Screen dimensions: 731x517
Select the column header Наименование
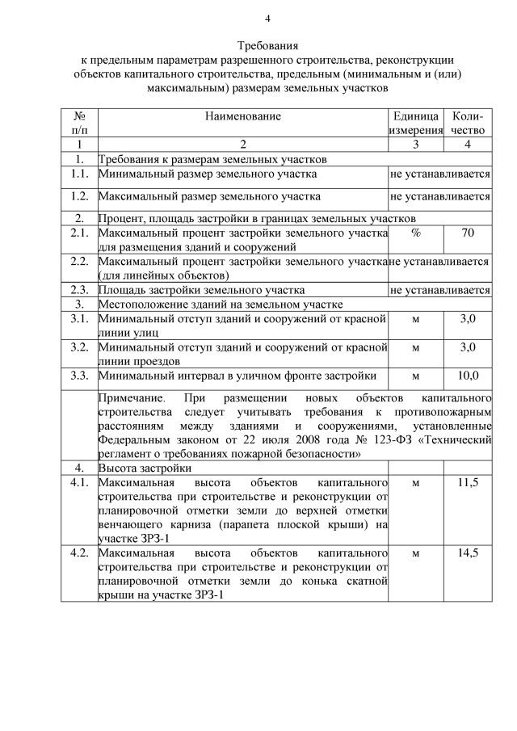point(242,116)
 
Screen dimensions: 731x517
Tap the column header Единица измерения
point(415,123)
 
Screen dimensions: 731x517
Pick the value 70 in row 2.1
point(468,233)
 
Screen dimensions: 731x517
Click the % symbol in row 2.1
point(416,233)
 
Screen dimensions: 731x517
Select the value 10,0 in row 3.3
point(468,375)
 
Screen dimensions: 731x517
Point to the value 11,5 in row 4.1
point(468,482)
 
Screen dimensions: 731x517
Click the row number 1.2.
point(79,195)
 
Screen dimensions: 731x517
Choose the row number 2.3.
point(79,290)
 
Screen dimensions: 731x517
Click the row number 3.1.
point(79,319)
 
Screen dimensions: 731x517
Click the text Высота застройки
point(145,468)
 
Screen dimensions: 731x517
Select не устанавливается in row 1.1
point(440,173)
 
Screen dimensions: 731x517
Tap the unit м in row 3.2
point(416,347)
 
